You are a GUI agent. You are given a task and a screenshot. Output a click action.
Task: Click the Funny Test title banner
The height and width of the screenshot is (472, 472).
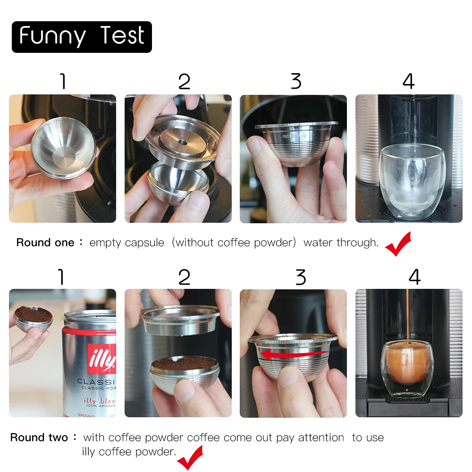click(82, 37)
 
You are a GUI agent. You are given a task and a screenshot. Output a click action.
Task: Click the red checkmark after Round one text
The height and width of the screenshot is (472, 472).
click(398, 244)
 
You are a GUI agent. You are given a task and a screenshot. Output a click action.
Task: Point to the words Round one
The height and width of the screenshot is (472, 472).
click(45, 243)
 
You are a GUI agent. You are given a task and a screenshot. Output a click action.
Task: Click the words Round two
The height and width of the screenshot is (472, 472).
click(39, 438)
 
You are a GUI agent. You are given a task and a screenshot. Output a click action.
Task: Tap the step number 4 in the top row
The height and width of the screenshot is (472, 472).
click(408, 82)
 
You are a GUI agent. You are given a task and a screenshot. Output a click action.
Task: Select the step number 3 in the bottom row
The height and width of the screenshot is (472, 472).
click(301, 277)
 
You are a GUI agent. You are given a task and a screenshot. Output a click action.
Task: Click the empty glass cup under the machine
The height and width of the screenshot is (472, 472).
click(410, 182)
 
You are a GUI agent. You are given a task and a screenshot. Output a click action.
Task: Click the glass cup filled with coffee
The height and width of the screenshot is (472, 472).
click(406, 368)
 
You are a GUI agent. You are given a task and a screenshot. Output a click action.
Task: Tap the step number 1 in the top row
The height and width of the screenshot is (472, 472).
click(62, 82)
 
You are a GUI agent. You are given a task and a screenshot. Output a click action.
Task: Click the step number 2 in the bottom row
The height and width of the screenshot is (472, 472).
click(184, 277)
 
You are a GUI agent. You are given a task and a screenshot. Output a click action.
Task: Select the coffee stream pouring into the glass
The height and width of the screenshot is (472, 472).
click(407, 316)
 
